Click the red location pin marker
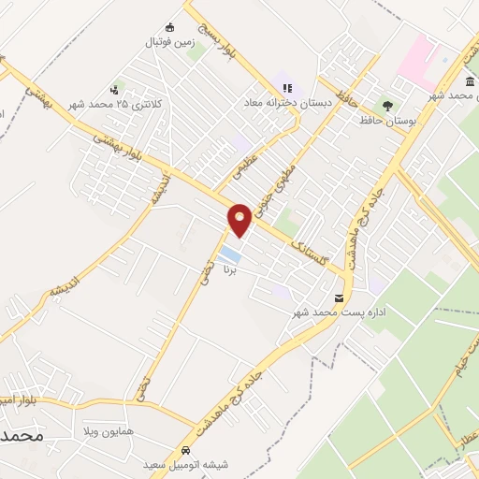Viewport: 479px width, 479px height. point(240,220)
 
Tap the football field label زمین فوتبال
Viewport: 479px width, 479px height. point(167,43)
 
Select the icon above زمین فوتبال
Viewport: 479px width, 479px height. point(169,27)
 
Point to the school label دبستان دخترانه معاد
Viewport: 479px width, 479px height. point(283,102)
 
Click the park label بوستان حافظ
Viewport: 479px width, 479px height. point(385,121)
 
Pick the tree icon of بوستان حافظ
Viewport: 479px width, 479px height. point(384,106)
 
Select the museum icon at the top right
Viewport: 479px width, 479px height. point(468,82)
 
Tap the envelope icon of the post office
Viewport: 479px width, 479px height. point(338,297)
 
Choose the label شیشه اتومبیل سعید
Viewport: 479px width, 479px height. point(181,463)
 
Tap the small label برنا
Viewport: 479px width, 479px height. point(230,269)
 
